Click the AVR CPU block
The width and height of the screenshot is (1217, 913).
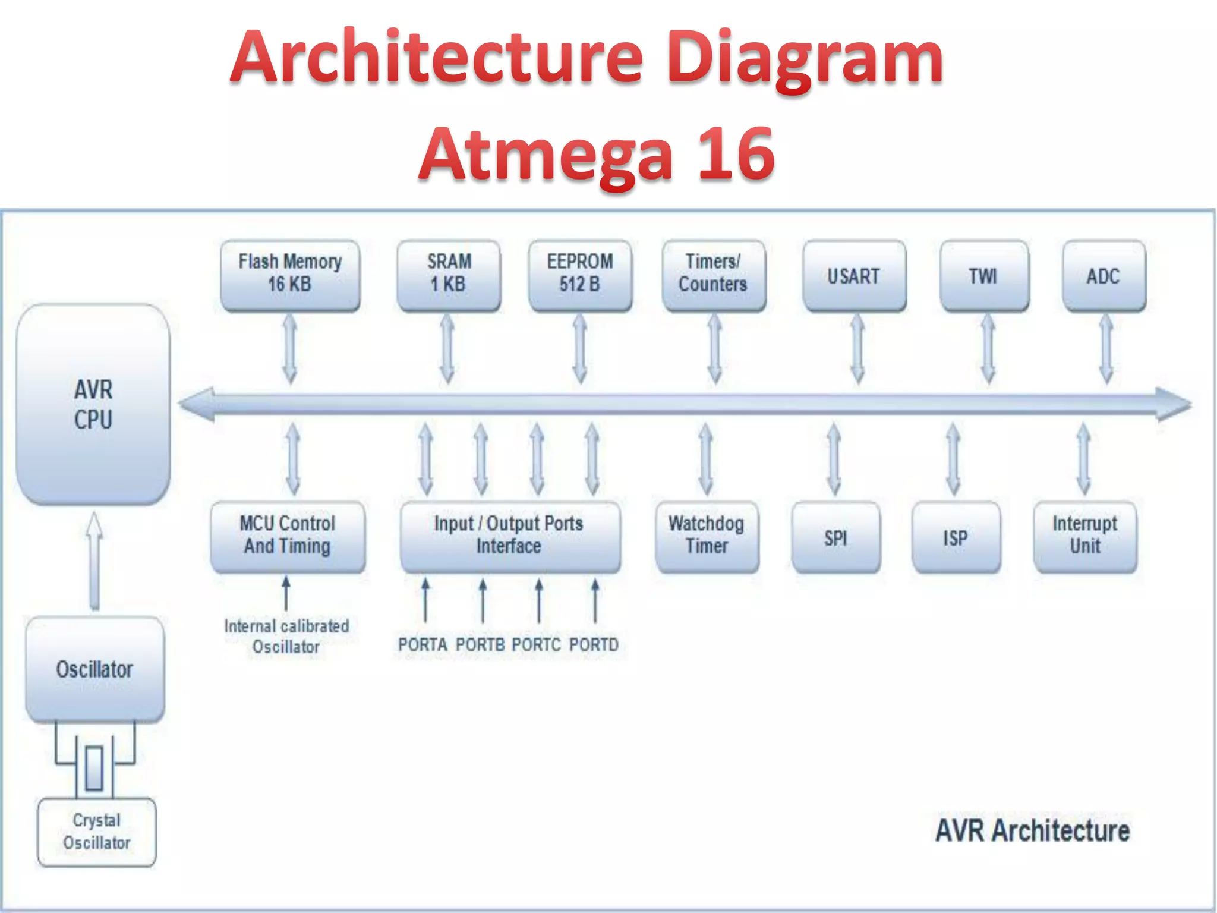(x=93, y=404)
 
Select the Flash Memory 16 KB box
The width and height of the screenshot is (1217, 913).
(x=290, y=275)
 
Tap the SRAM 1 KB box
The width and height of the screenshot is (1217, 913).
(x=449, y=275)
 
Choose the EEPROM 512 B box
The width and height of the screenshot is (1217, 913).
(x=580, y=275)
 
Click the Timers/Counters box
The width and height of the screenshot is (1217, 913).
(x=713, y=275)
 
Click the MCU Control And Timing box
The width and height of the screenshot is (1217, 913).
(x=288, y=536)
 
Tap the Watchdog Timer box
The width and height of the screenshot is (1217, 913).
(x=707, y=536)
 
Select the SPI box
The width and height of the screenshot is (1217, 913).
(x=836, y=538)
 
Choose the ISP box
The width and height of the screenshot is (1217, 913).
(x=956, y=538)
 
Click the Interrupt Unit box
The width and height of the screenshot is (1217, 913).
(x=1085, y=536)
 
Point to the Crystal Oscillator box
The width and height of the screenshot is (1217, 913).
(x=97, y=832)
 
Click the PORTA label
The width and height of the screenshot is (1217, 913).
(x=423, y=644)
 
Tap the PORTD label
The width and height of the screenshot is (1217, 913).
(x=594, y=644)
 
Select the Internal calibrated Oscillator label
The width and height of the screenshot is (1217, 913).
(x=286, y=636)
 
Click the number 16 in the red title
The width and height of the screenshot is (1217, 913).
(x=736, y=155)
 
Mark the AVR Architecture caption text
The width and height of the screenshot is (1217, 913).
(x=1033, y=831)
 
